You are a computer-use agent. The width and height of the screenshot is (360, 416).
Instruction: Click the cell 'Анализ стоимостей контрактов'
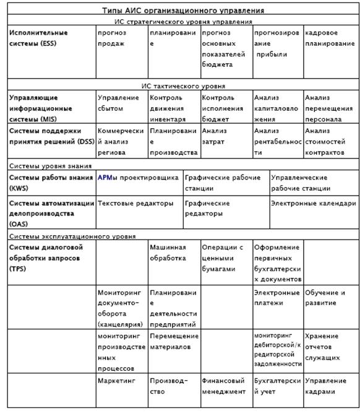coord(328,141)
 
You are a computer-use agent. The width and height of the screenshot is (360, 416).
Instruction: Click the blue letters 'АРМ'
coord(104,178)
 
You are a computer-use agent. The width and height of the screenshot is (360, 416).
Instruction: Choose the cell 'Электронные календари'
coord(313,203)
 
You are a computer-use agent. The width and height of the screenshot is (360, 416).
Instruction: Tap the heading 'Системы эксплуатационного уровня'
coord(72,236)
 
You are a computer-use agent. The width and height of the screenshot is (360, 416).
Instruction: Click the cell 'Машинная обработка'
coord(168,253)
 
